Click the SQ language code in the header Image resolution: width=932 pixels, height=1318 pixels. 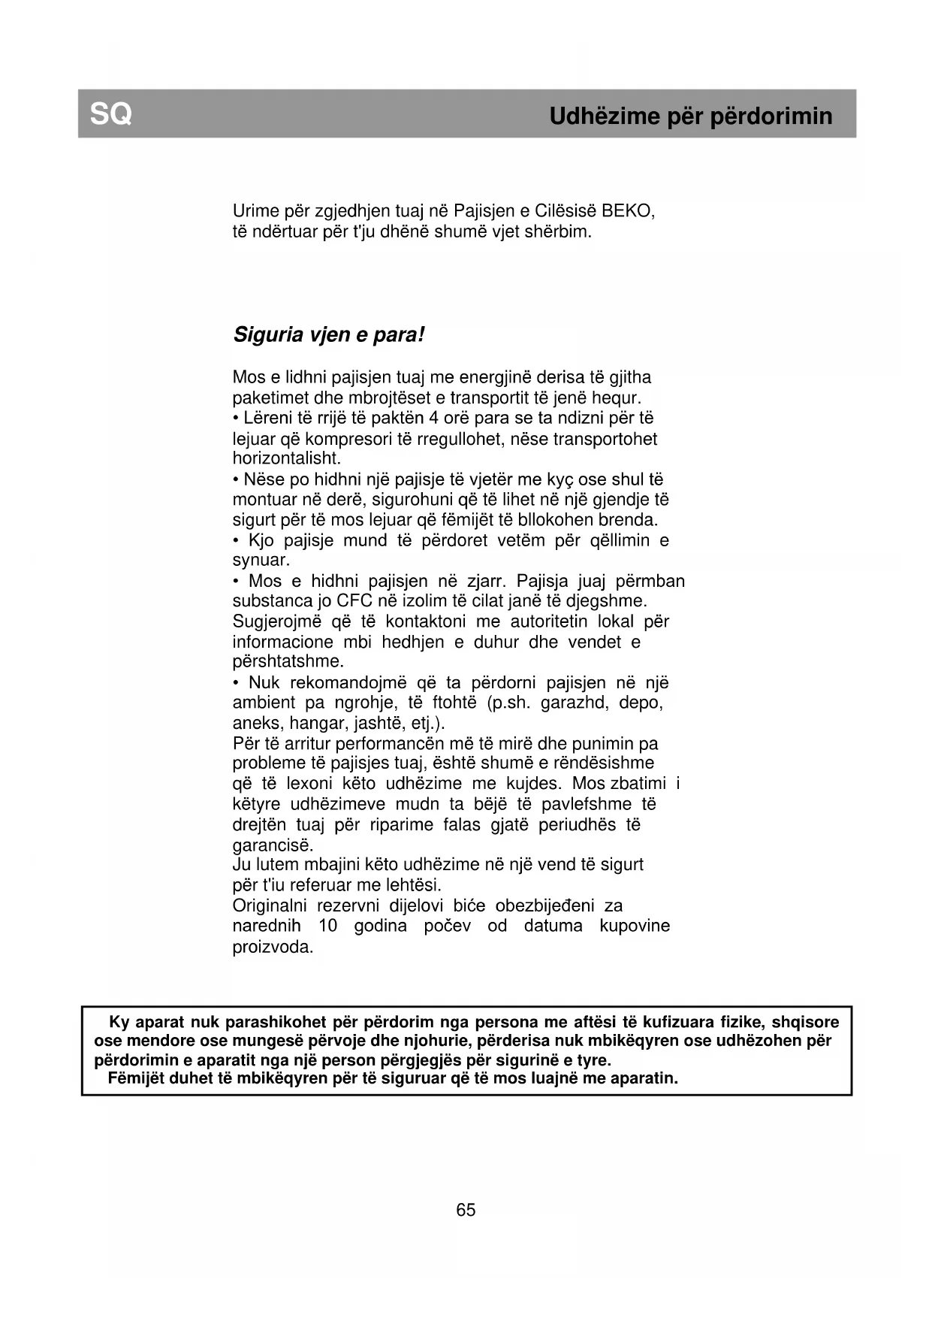(x=110, y=114)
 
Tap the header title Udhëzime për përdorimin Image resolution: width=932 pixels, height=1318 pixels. (x=690, y=116)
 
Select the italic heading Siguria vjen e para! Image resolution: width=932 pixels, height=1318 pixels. (x=329, y=334)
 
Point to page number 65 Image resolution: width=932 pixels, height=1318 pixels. (x=466, y=1210)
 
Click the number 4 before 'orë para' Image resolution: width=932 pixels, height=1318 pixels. (x=433, y=418)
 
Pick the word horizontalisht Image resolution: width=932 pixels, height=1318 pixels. (x=276, y=458)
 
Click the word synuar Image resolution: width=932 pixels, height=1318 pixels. (x=261, y=561)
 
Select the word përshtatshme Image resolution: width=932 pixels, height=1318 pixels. (x=288, y=662)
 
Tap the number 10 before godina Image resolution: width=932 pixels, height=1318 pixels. (x=327, y=926)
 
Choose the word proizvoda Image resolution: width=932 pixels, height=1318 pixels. (x=273, y=947)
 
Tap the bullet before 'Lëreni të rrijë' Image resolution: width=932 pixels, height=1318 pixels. (x=237, y=419)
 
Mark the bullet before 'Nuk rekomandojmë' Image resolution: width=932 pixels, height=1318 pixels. (x=237, y=683)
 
